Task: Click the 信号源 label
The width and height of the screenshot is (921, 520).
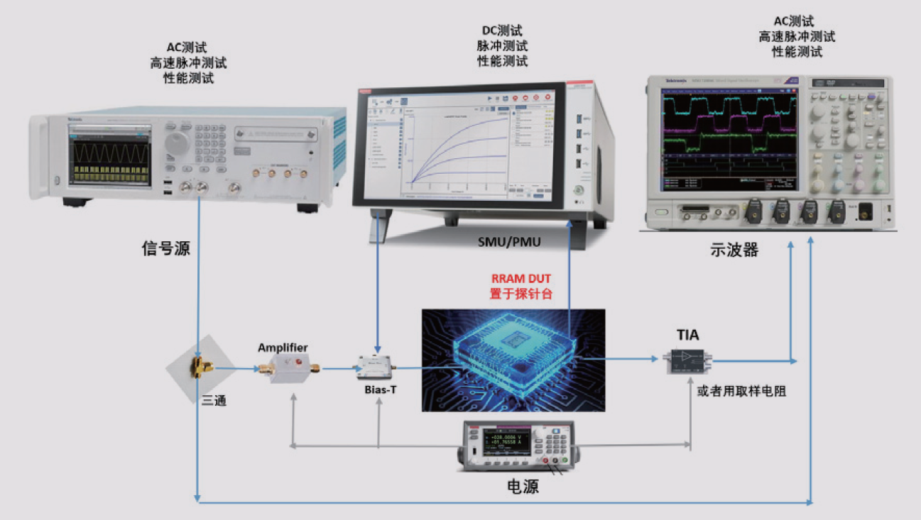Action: pos(166,248)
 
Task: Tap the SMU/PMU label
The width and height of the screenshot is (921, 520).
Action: pos(508,243)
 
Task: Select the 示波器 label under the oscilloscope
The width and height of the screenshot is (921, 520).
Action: pos(734,250)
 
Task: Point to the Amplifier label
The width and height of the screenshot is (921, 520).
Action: pos(283,348)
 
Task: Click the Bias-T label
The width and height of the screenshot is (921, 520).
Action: pos(376,389)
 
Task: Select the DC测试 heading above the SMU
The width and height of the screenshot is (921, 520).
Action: pos(502,31)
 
